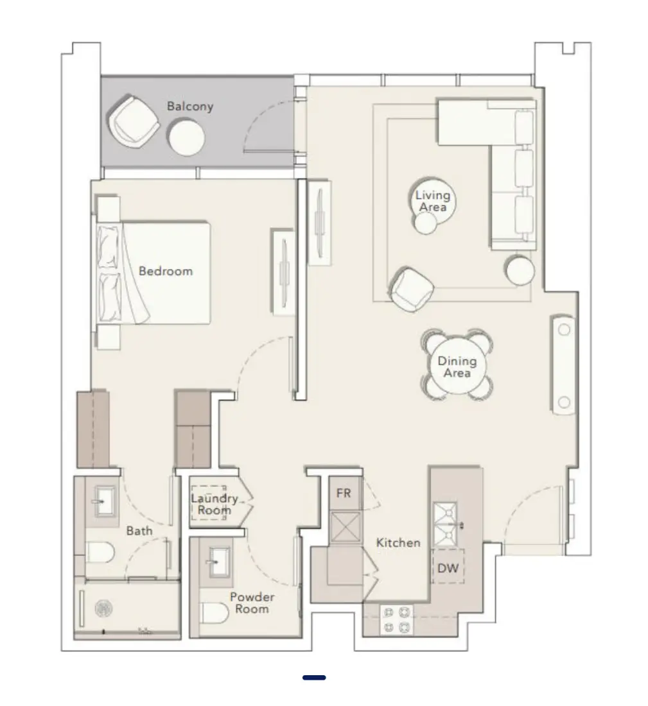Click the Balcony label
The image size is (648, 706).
[189, 106]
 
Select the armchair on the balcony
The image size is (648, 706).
[134, 121]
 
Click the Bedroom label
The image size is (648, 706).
[166, 271]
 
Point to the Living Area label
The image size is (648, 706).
[433, 202]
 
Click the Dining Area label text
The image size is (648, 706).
[457, 367]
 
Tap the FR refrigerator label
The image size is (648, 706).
[344, 494]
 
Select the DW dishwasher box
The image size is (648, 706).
[448, 567]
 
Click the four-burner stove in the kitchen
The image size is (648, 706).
[397, 619]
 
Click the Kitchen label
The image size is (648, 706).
[398, 543]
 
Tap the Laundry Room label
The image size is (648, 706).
[215, 504]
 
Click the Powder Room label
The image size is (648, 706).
[252, 603]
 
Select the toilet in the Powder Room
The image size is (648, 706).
[215, 614]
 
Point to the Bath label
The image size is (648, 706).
[139, 531]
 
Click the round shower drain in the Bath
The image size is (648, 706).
[103, 608]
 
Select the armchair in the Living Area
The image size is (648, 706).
[410, 288]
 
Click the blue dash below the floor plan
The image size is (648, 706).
[314, 677]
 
